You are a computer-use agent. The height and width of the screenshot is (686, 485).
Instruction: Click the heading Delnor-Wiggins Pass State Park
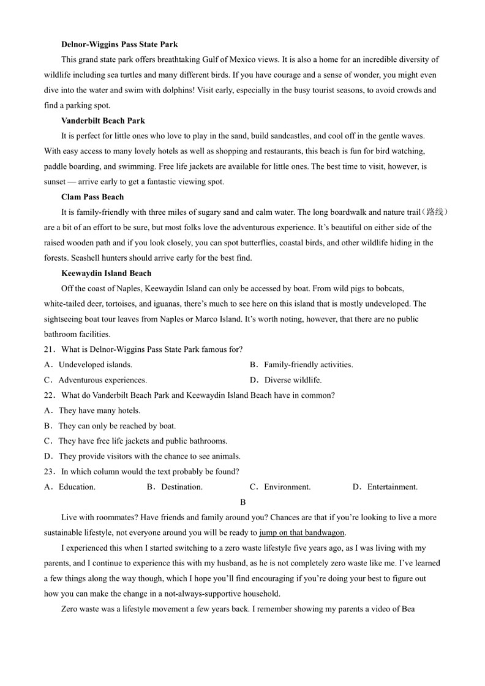[x=119, y=45]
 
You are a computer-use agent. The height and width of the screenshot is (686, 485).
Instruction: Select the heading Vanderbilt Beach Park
[x=103, y=121]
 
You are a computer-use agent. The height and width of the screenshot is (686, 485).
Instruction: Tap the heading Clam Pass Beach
[x=92, y=197]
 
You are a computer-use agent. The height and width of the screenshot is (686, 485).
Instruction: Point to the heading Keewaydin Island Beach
[x=106, y=273]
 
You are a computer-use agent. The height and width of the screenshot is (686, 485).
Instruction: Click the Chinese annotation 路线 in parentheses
[x=435, y=212]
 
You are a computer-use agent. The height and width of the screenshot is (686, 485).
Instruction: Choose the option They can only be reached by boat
[x=117, y=426]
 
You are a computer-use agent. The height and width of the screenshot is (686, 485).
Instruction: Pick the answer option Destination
[x=181, y=487]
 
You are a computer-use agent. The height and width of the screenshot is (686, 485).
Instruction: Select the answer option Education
[x=77, y=487]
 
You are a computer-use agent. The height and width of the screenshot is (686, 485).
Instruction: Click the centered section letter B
[x=242, y=502]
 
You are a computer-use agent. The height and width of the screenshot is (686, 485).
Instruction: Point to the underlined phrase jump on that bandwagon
[x=301, y=533]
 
